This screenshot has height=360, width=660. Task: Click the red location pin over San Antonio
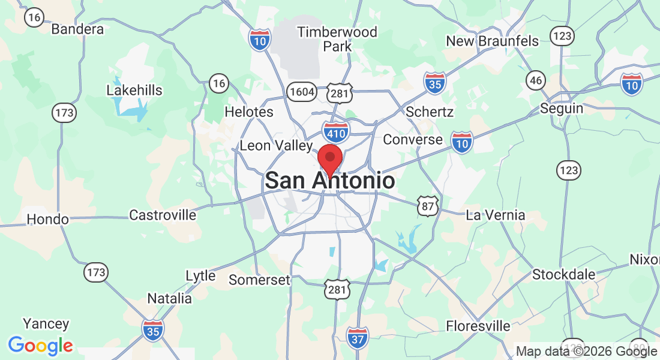329,159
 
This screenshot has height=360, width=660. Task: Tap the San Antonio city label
329,181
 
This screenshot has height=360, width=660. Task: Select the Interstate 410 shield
336,130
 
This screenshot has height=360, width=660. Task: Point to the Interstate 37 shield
358,338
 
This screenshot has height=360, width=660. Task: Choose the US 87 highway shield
428,206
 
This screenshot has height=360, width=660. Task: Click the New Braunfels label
492,41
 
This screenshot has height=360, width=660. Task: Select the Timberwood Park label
337,38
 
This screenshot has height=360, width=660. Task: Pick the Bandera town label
77,29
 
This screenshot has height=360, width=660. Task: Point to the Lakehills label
134,91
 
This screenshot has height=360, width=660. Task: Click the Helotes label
248,112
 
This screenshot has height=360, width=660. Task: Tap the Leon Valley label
276,145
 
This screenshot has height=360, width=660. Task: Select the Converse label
413,140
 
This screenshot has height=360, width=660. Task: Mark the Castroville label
163,215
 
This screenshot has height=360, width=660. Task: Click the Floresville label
478,326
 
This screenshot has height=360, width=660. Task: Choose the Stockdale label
564,275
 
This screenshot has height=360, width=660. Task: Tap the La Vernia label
496,215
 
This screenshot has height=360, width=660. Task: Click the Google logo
40,346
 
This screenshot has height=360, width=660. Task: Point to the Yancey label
46,324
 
